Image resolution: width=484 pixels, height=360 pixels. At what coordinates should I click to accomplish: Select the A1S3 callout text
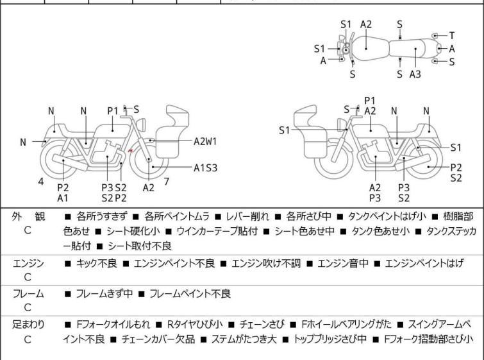pyautogui.click(x=206, y=168)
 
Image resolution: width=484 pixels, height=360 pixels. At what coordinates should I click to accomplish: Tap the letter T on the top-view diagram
pyautogui.click(x=452, y=35)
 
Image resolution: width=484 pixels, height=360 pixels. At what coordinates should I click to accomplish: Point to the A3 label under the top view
pyautogui.click(x=415, y=74)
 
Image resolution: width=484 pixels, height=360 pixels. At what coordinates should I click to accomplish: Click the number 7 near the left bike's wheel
pyautogui.click(x=167, y=181)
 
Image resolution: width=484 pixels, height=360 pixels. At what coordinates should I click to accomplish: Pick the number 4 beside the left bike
pyautogui.click(x=41, y=182)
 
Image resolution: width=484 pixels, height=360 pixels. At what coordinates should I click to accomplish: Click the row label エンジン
pyautogui.click(x=28, y=263)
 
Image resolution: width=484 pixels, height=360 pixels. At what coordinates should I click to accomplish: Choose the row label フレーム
pyautogui.click(x=28, y=294)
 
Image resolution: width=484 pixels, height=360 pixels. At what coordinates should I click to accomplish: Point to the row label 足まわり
pyautogui.click(x=28, y=325)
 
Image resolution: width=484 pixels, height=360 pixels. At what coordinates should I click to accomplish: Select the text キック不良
pyautogui.click(x=95, y=263)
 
